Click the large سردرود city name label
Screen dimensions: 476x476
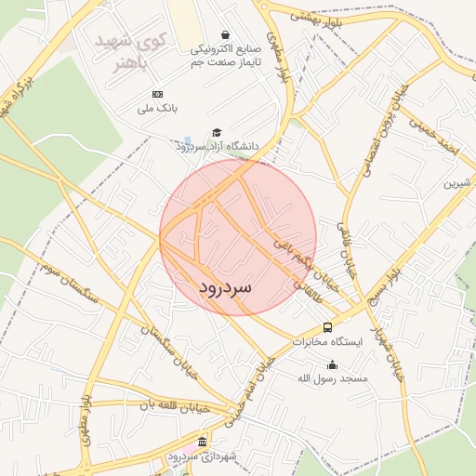click(x=225, y=288)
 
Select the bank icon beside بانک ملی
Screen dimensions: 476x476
click(x=157, y=94)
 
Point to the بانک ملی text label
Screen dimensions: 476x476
click(x=156, y=110)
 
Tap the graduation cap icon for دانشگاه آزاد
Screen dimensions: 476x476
click(x=217, y=133)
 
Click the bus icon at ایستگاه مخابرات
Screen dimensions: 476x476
click(x=327, y=327)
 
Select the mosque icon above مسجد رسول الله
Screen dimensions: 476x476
click(x=333, y=364)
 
